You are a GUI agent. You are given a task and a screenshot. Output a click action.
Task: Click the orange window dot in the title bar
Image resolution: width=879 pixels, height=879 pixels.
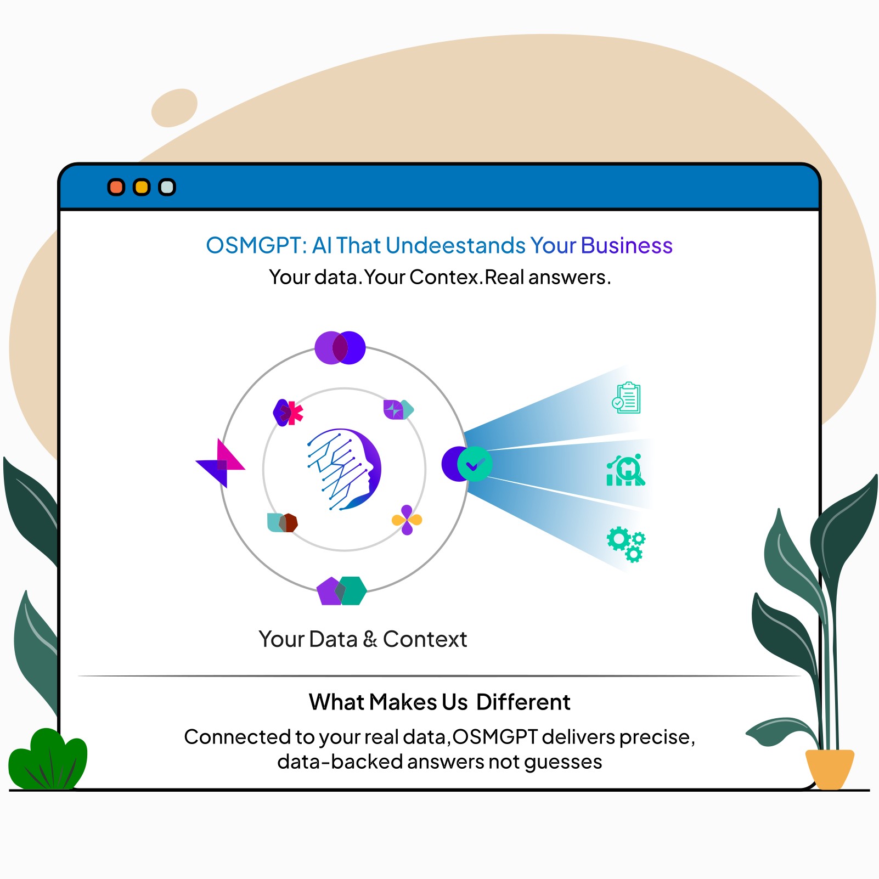[116, 187]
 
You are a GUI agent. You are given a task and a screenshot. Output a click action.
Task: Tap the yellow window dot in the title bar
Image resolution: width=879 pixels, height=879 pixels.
[142, 187]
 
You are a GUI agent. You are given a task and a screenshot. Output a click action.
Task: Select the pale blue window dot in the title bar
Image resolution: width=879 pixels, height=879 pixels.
[167, 187]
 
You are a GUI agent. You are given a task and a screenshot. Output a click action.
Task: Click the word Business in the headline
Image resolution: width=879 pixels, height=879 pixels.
[626, 245]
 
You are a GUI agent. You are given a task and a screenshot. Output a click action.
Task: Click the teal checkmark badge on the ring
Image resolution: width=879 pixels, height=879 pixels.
[474, 464]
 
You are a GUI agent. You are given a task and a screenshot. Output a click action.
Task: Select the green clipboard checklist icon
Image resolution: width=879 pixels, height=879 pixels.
[627, 398]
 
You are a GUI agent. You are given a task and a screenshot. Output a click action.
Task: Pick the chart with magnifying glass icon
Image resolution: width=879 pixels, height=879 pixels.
[626, 470]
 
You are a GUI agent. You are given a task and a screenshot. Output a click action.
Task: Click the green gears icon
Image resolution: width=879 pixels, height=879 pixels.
[626, 543]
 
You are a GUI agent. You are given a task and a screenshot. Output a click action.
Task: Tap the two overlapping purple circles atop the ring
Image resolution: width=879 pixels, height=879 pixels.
[340, 347]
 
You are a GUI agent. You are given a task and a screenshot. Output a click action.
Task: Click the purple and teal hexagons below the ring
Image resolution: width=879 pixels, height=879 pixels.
[341, 590]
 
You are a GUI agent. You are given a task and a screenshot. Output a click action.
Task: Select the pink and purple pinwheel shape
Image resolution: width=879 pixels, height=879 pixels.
[221, 464]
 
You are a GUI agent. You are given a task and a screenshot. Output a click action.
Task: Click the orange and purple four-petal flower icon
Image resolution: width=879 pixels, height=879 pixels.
[407, 520]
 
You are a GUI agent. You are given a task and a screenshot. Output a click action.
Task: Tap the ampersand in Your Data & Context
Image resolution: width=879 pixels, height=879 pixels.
[370, 639]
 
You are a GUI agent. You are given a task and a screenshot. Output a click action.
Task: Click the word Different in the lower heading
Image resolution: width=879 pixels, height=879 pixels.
[523, 702]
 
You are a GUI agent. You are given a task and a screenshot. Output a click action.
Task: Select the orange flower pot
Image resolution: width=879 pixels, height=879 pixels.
[829, 768]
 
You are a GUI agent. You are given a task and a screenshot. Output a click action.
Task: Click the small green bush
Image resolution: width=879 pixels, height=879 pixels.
[48, 760]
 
